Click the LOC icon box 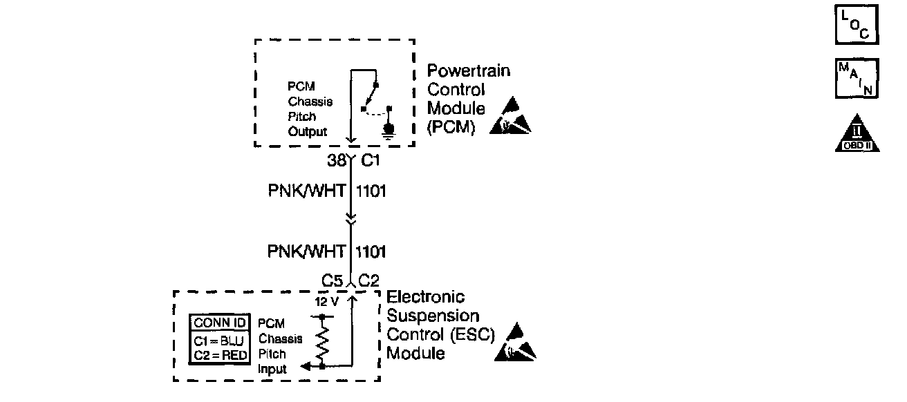(857, 26)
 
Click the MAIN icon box (857, 79)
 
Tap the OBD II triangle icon (857, 133)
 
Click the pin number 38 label (336, 162)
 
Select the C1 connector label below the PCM (372, 162)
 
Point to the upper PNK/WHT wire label (306, 191)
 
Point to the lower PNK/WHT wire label (306, 251)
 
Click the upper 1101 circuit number (370, 191)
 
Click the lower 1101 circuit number (370, 251)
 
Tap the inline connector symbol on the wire (350, 219)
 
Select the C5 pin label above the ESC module (333, 281)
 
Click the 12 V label (325, 301)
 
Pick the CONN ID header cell (218, 322)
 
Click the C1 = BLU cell (218, 340)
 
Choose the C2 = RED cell (218, 355)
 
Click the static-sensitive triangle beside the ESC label (516, 343)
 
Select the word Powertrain (469, 71)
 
